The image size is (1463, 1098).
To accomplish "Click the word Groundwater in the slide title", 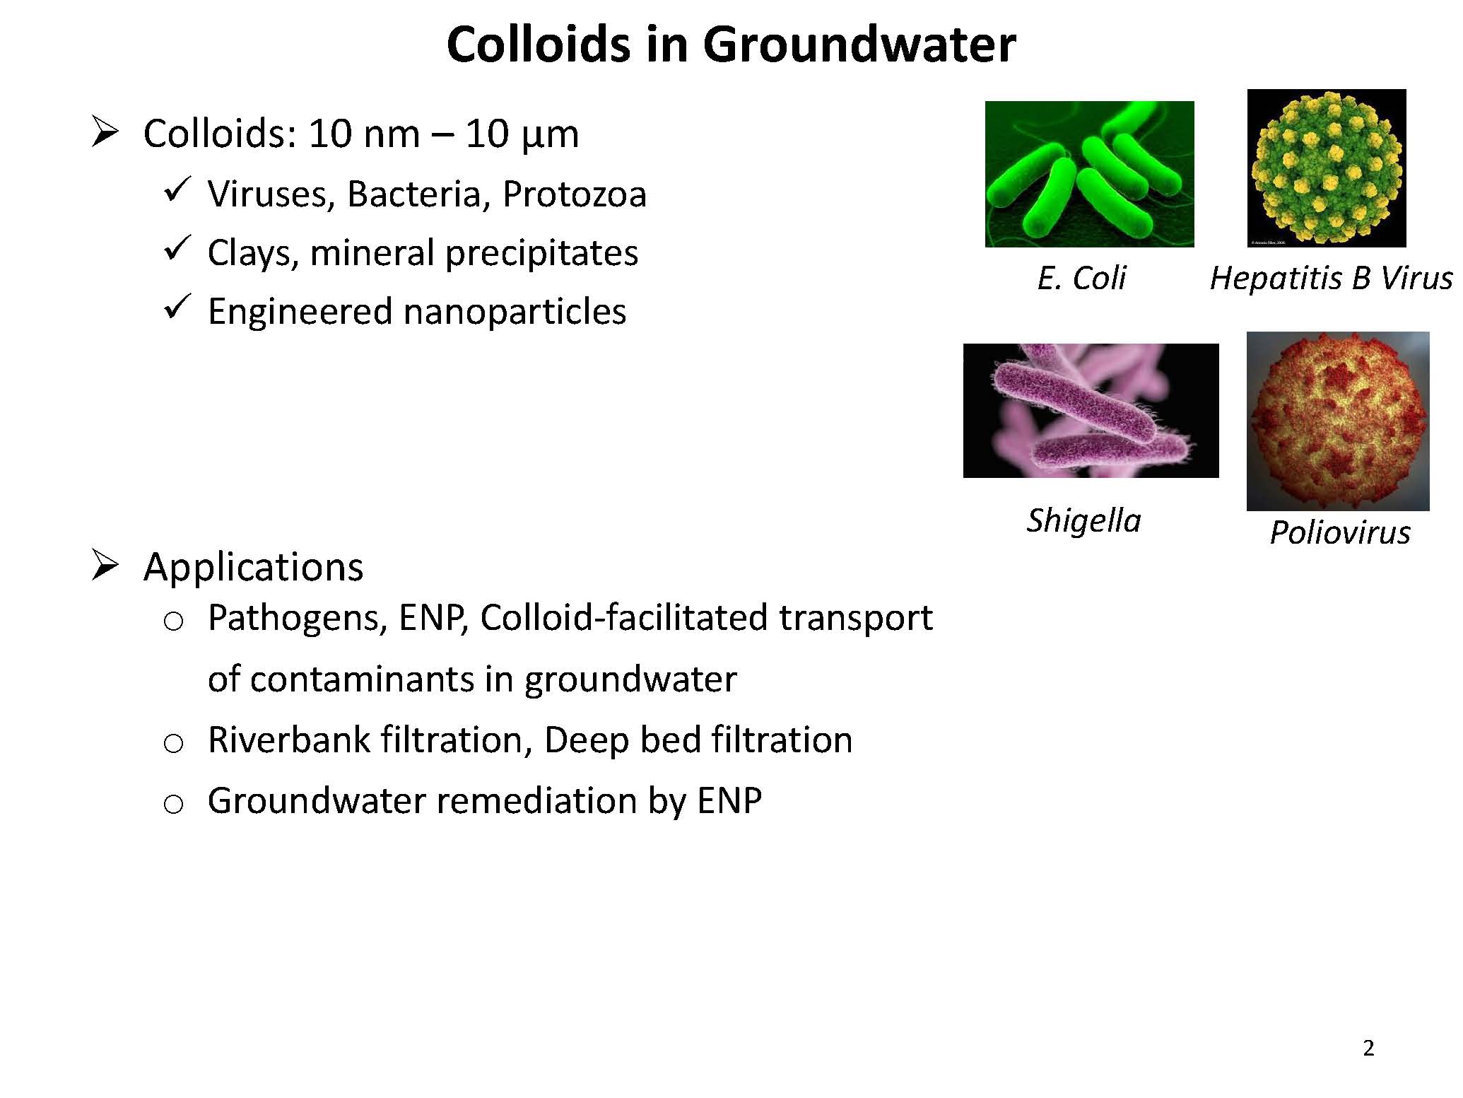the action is (x=859, y=44).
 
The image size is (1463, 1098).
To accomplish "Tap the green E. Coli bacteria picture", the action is (x=1089, y=174).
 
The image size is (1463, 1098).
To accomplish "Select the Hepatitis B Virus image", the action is (x=1327, y=168).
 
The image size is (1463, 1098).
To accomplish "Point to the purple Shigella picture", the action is (x=1091, y=410).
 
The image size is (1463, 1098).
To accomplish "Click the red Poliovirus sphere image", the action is (x=1338, y=421).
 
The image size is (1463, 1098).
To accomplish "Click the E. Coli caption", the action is (x=1081, y=278).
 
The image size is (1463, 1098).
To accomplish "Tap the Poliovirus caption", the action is (x=1340, y=532).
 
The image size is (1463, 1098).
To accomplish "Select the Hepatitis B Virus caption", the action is (x=1331, y=278).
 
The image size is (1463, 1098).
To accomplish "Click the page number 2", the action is (x=1368, y=1049).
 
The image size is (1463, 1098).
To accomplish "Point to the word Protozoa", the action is (x=574, y=194).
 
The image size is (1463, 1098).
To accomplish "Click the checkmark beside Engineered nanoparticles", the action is (x=175, y=308).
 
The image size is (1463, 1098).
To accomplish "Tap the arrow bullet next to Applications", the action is (x=105, y=566).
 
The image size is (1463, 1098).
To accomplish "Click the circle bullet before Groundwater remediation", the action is (x=173, y=805).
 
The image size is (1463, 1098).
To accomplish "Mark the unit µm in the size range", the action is (x=549, y=134).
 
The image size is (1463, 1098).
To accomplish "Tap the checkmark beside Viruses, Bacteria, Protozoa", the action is (x=175, y=190).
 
